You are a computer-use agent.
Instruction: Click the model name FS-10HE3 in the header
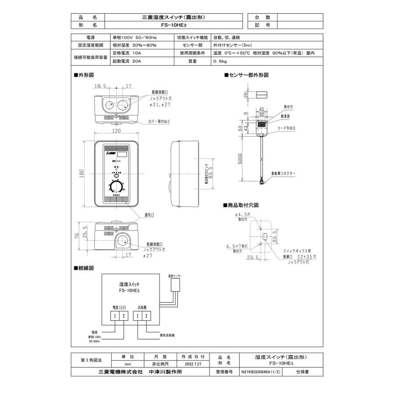point(174,25)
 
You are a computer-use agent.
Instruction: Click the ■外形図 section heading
point(84,76)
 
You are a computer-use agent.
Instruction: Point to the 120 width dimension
point(116,131)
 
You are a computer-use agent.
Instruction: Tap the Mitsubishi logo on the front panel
point(109,154)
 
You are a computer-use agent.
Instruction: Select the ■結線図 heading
point(84,267)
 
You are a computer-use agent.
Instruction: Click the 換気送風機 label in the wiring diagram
point(167,336)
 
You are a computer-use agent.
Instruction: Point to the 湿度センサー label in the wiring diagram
point(176,276)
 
